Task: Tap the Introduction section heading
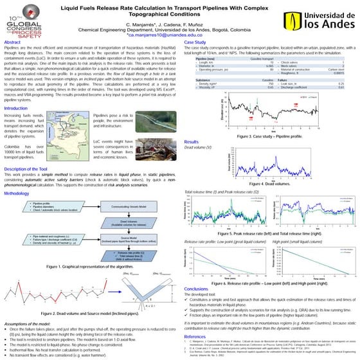19,109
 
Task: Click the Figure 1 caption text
91,266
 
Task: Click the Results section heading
192,141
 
